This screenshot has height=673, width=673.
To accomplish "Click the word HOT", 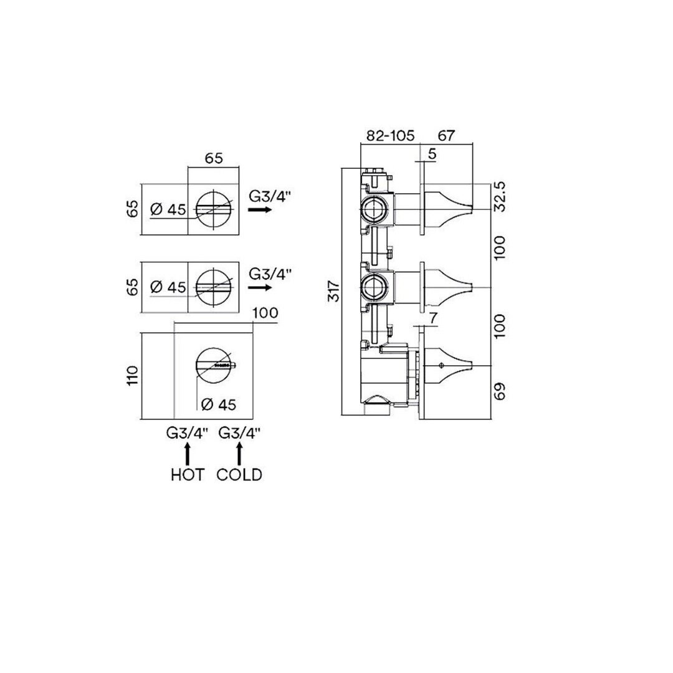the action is point(188,475).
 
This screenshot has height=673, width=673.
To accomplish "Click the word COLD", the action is point(239,475).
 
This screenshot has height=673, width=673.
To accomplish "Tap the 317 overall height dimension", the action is point(334,291).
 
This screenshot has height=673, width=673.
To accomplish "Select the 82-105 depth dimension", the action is point(390,136).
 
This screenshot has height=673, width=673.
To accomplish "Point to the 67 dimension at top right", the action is point(446,136).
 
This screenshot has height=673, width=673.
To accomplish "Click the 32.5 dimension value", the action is point(500,196).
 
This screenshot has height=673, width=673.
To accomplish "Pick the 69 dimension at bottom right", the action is point(500,391).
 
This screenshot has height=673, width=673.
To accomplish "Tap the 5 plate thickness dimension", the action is point(432,154).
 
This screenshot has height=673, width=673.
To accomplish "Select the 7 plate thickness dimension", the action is point(433,318).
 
